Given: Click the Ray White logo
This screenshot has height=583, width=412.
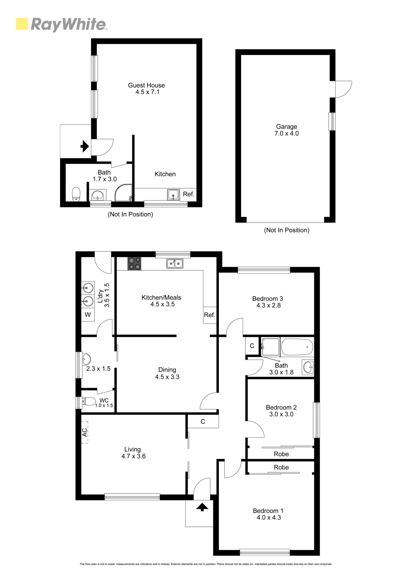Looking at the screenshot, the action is pyautogui.click(x=62, y=24).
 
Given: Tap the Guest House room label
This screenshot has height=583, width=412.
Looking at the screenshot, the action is pyautogui.click(x=146, y=85).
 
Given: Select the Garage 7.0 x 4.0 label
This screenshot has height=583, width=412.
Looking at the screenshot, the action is pyautogui.click(x=287, y=130).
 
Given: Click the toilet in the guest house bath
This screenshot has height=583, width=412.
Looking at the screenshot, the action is pyautogui.click(x=76, y=194).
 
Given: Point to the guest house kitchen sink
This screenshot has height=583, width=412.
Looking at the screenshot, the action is pyautogui.click(x=173, y=195).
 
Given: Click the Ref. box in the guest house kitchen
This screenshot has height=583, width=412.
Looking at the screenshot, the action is pyautogui.click(x=188, y=194).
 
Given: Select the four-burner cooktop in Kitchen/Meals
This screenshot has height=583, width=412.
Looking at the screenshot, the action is pyautogui.click(x=134, y=264).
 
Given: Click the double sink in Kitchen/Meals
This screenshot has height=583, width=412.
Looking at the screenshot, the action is pyautogui.click(x=175, y=264).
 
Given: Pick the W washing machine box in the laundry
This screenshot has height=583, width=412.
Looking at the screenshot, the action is pyautogui.click(x=88, y=315).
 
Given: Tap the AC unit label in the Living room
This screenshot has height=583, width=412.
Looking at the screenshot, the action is pyautogui.click(x=85, y=432).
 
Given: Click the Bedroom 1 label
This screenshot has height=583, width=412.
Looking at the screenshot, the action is pyautogui.click(x=268, y=511).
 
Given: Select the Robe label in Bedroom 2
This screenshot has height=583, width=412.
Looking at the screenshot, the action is pyautogui.click(x=281, y=454).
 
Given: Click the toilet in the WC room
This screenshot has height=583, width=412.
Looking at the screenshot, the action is pyautogui.click(x=89, y=401).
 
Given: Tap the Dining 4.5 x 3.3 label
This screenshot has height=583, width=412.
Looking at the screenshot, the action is pyautogui.click(x=167, y=373).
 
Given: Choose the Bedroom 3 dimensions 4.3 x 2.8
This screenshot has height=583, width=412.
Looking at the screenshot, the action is pyautogui.click(x=268, y=305).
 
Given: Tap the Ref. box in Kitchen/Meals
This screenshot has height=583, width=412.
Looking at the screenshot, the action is pyautogui.click(x=210, y=315).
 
